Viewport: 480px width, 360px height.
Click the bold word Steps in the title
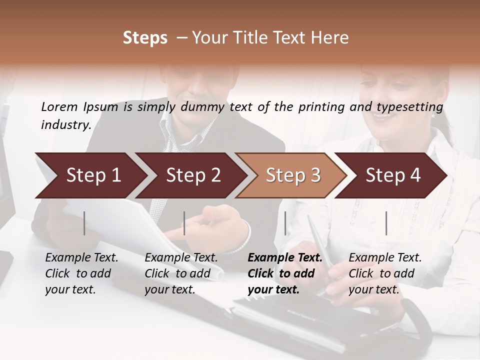(x=145, y=38)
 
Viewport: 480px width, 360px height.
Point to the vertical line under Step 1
(x=84, y=223)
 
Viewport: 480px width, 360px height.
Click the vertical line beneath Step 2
(x=184, y=223)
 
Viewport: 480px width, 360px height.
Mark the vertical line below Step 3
(x=285, y=223)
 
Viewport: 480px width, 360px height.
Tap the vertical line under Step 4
(x=386, y=223)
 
